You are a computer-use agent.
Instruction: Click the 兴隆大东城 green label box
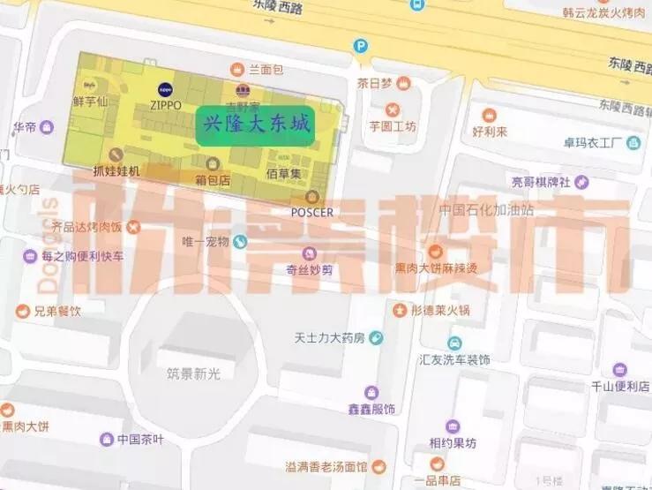(257, 126)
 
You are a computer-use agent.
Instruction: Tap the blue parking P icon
(361, 46)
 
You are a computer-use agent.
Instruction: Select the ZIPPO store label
(165, 104)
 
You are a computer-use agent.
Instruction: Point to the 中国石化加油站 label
(487, 210)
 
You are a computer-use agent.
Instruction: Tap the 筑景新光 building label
(194, 373)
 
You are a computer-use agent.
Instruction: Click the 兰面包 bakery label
(265, 69)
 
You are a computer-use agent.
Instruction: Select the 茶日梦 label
(375, 84)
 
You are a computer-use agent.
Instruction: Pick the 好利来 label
(490, 132)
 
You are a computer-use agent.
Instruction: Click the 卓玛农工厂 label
(600, 142)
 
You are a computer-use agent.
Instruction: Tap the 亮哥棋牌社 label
(541, 182)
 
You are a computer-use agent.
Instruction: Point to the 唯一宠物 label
(206, 241)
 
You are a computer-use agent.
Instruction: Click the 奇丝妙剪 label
(308, 269)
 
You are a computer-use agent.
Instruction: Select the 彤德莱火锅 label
(440, 310)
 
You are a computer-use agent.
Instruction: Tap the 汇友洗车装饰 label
(454, 359)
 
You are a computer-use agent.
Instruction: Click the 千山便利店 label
(620, 386)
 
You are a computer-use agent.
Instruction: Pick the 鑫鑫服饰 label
(371, 409)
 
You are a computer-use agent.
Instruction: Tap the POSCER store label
(311, 212)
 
